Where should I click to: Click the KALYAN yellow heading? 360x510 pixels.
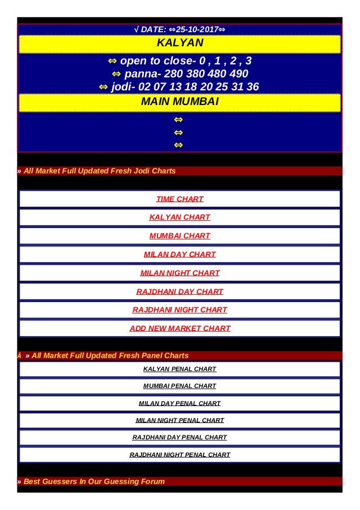[x=179, y=43]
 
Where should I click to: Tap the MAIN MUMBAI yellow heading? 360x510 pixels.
[x=179, y=102]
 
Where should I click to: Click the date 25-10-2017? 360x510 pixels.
[x=197, y=29]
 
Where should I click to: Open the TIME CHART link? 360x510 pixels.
[x=179, y=199]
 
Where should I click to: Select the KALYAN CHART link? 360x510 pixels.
[x=179, y=217]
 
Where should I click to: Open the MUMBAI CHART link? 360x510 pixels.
[x=179, y=236]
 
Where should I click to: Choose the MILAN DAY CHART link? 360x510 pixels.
[x=179, y=254]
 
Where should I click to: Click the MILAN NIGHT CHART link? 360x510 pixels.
[x=179, y=273]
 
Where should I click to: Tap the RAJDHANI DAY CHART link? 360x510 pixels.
[x=179, y=291]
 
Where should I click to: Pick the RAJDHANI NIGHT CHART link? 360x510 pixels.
[x=179, y=310]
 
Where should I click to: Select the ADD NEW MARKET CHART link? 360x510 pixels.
[x=179, y=328]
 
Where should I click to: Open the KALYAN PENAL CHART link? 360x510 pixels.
[x=179, y=369]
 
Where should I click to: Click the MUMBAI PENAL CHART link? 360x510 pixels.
[x=179, y=386]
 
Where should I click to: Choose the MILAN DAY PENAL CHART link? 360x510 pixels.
[x=179, y=403]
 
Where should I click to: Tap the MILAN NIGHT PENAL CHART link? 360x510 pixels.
[x=179, y=420]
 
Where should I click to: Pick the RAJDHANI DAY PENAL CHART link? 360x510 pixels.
[x=179, y=437]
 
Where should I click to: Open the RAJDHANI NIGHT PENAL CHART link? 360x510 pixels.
[x=179, y=455]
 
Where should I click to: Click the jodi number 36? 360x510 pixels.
[x=253, y=87]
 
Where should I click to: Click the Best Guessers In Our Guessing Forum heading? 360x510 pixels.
[x=94, y=482]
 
